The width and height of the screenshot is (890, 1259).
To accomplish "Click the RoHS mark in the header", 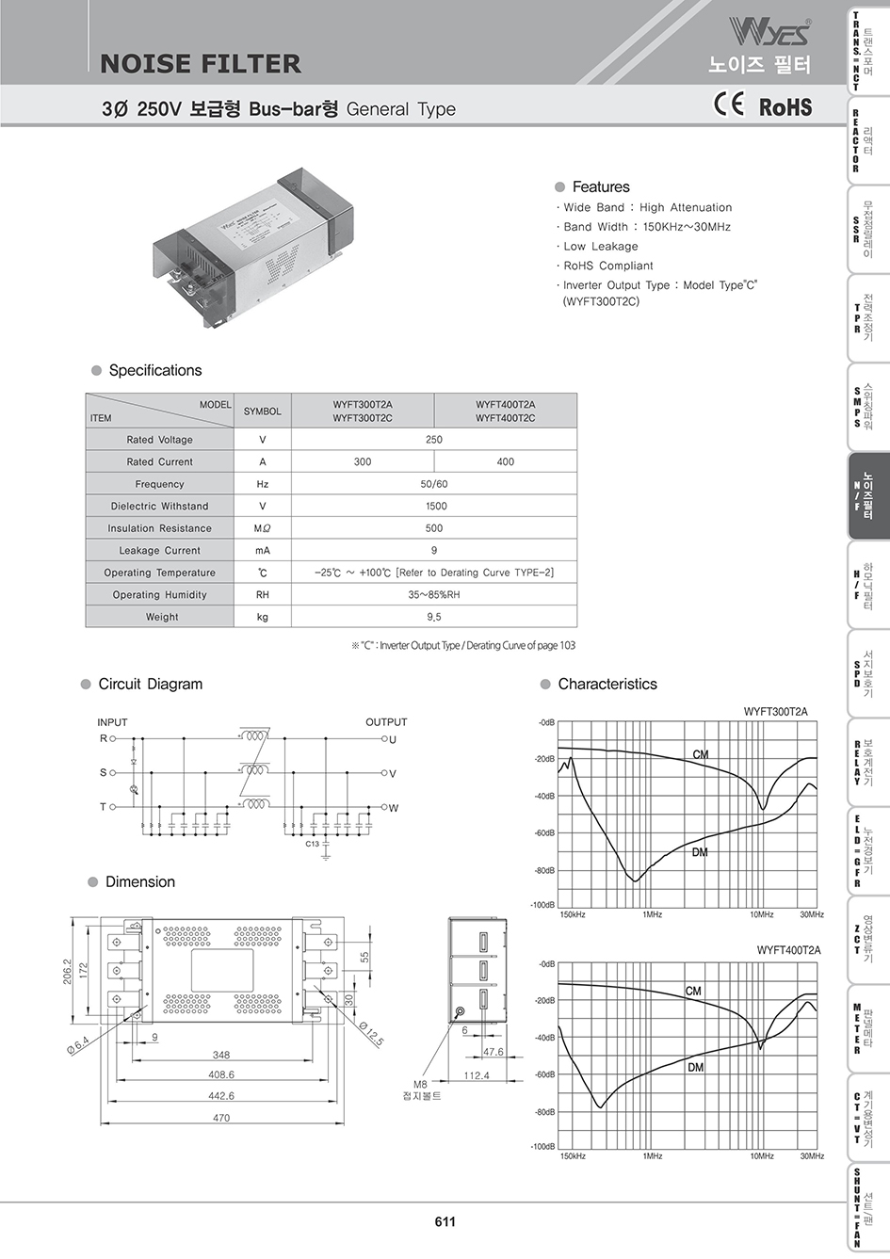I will click(785, 106).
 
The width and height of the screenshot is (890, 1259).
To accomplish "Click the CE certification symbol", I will click(731, 105).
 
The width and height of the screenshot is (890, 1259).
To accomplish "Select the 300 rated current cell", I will click(363, 461).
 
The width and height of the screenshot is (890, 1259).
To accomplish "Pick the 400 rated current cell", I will click(505, 461).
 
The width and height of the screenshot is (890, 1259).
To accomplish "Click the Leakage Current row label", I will click(159, 550).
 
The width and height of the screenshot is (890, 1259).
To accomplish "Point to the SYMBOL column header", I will click(262, 412).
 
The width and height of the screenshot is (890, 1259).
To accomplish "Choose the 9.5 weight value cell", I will click(433, 617).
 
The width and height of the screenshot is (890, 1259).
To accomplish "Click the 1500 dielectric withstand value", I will click(433, 506).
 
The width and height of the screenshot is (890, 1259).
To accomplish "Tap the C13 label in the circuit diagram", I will click(313, 844).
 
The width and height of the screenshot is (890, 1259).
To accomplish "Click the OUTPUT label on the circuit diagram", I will click(386, 722).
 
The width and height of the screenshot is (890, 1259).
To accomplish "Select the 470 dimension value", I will click(220, 1118).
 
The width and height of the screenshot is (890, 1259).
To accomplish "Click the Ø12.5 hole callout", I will click(370, 1033).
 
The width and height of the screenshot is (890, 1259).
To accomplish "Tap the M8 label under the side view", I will click(421, 1084).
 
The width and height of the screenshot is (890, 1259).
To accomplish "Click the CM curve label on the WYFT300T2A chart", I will click(701, 755).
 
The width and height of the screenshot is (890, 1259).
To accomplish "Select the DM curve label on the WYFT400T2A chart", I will click(695, 1068).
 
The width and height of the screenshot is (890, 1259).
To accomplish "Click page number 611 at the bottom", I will click(445, 1221).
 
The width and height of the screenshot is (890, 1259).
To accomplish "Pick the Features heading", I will click(601, 186).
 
